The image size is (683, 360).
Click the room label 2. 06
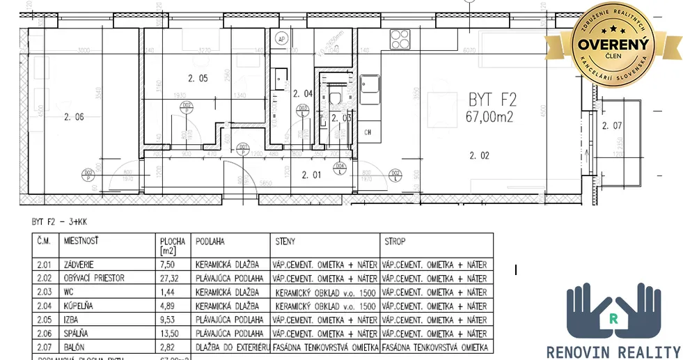click(73, 117)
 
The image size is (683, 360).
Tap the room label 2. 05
click(198, 79)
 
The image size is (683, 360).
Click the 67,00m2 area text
click(489, 117)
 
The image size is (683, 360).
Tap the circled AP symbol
click(283, 40)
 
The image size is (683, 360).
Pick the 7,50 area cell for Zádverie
click(167, 265)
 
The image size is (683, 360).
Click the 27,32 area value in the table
click(169, 279)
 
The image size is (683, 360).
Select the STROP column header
click(395, 242)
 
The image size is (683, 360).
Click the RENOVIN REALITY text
click(613, 352)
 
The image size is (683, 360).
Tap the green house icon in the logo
click(613, 319)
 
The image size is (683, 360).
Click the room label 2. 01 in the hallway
click(312, 175)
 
